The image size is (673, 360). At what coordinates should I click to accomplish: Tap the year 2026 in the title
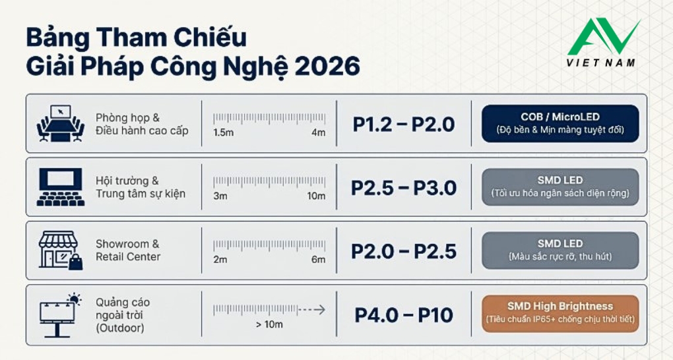pyautogui.click(x=327, y=67)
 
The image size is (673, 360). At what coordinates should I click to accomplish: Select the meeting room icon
pyautogui.click(x=61, y=123)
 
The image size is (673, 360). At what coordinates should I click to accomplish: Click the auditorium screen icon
pyautogui.click(x=61, y=187)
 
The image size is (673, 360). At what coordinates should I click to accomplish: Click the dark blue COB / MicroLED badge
pyautogui.click(x=560, y=123)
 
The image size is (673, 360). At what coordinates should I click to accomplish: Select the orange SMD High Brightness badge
pyautogui.click(x=560, y=313)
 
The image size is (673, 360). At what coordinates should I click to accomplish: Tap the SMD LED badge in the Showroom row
pyautogui.click(x=560, y=250)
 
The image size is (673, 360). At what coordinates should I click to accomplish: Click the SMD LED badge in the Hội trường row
pyautogui.click(x=560, y=187)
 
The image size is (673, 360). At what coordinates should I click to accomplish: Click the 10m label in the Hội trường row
pyautogui.click(x=315, y=196)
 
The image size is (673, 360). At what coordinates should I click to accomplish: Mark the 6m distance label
pyautogui.click(x=318, y=259)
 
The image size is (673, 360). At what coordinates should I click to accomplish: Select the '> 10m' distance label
pyautogui.click(x=269, y=324)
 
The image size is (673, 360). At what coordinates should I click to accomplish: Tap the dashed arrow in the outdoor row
pyautogui.click(x=311, y=309)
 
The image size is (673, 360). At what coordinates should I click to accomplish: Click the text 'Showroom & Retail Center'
pyautogui.click(x=128, y=251)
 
